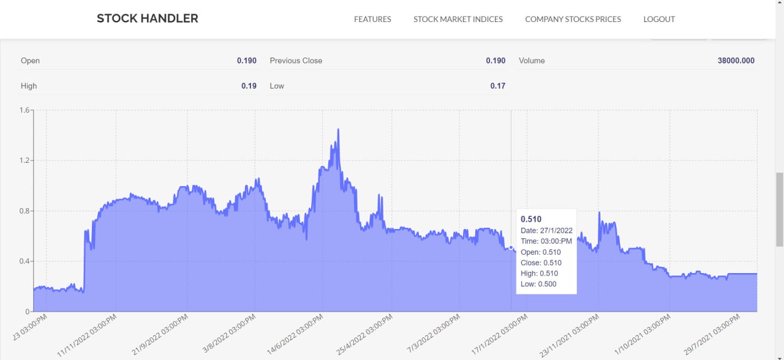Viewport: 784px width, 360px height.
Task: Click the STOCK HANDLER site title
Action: point(148,18)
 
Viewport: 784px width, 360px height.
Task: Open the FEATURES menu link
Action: point(372,19)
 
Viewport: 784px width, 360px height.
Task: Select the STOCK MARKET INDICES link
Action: point(458,19)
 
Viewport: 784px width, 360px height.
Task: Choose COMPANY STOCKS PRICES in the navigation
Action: point(573,19)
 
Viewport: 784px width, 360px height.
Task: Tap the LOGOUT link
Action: point(659,19)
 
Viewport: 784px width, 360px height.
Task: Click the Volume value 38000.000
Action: point(736,61)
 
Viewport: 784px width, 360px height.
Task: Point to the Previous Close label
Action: point(296,61)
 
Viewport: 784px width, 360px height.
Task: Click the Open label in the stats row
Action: point(30,61)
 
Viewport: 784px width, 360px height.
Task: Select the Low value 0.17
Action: point(497,86)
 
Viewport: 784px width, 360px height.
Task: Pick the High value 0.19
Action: point(249,86)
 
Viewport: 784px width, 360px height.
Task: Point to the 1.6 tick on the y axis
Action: point(24,110)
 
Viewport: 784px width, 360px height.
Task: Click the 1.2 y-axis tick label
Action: point(24,160)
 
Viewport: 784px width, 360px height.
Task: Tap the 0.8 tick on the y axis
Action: point(24,211)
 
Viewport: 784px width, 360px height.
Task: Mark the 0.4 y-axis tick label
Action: point(24,261)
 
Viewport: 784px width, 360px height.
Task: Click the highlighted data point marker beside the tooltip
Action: point(511,248)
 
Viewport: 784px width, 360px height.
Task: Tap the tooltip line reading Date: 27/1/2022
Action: point(546,230)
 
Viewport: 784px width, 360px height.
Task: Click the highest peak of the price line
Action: point(338,130)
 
